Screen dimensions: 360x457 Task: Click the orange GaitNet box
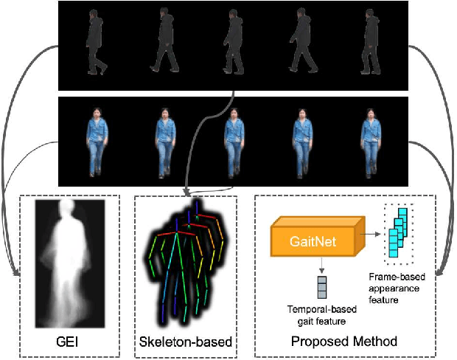tap(315, 241)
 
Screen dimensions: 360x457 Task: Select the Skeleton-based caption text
tap(185, 342)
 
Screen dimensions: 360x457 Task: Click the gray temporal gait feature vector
tap(321, 285)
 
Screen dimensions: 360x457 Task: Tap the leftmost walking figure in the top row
tap(96, 43)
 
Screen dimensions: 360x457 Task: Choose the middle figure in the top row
tap(234, 43)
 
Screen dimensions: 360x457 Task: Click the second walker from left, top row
tap(165, 43)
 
